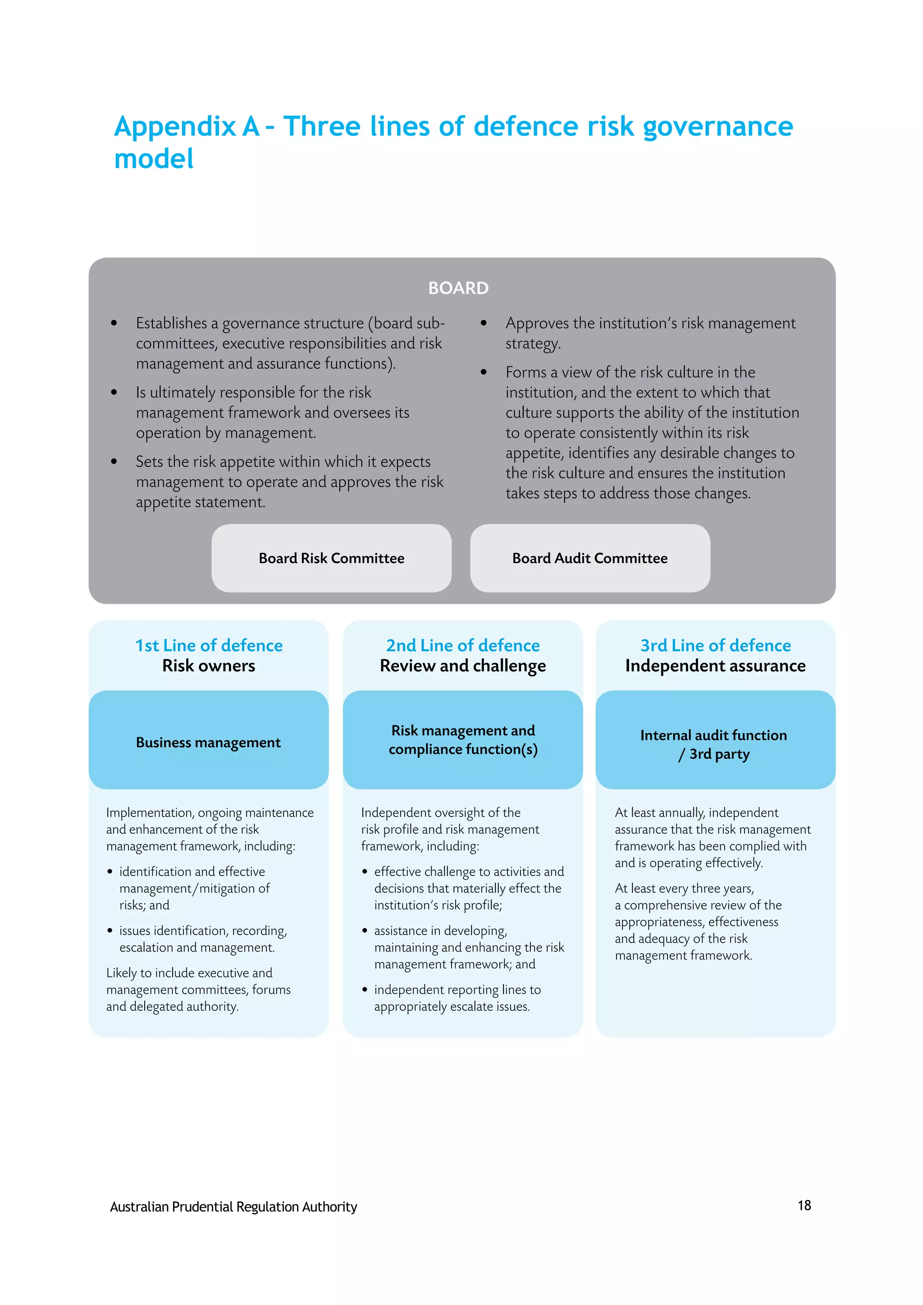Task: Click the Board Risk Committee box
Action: pos(331,558)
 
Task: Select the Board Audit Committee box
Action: pos(590,558)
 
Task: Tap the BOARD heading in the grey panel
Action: pos(458,288)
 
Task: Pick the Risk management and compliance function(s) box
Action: pos(463,740)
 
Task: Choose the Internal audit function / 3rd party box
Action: pos(715,740)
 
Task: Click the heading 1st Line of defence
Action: pos(209,646)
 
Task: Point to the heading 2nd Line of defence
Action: pos(463,646)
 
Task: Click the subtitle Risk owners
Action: pos(209,666)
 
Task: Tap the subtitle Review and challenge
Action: pos(463,666)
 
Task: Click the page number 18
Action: pos(804,1205)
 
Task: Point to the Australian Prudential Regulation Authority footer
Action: pos(233,1207)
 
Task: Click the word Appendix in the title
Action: pos(175,127)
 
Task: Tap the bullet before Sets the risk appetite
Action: pos(114,461)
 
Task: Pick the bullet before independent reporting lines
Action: pos(365,990)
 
